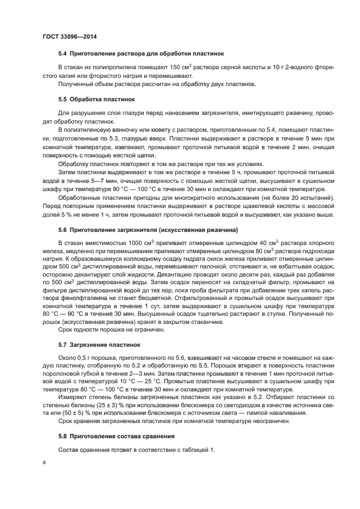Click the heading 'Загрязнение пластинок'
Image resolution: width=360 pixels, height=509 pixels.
click(x=106, y=345)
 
